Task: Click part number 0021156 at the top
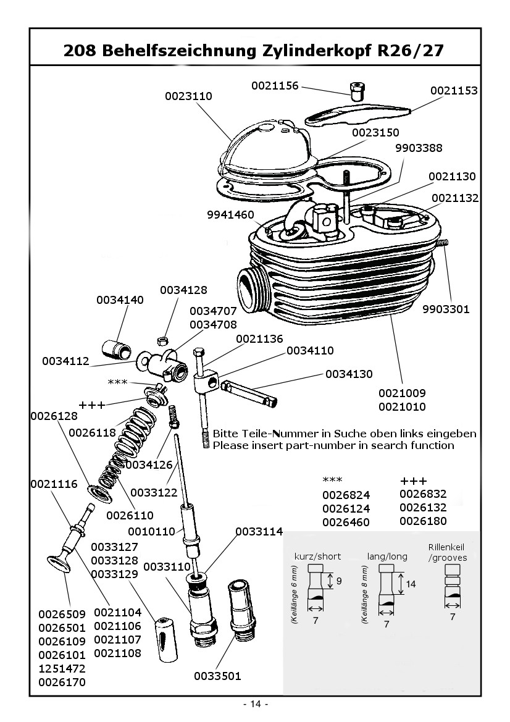275,86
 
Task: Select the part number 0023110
188,96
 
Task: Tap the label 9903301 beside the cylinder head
446,309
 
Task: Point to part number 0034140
120,300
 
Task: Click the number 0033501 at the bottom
217,676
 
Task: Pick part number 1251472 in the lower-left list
62,669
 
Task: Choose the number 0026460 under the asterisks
346,523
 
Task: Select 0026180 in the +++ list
423,521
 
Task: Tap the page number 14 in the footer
256,705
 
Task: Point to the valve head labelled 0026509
61,563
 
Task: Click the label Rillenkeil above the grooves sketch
448,548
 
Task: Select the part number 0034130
349,374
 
